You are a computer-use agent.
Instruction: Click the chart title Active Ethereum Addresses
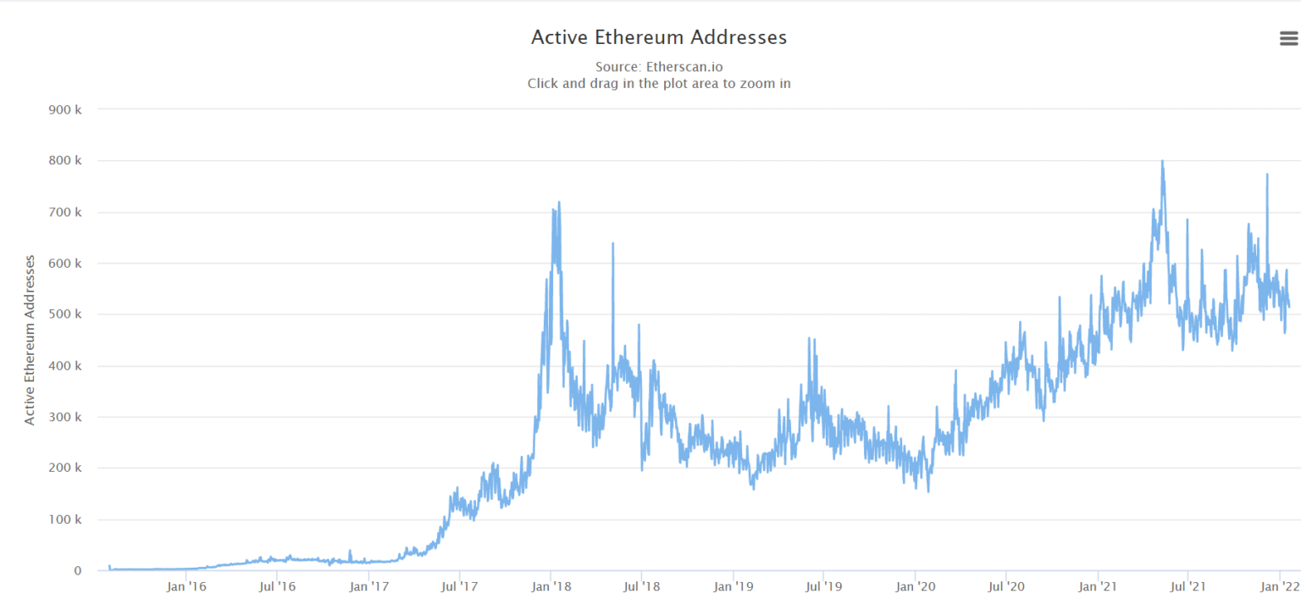click(x=658, y=37)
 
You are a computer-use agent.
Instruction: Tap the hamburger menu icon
click(x=1288, y=38)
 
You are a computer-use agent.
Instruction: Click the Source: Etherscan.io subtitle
click(x=658, y=66)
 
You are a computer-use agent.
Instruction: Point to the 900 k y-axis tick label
click(x=65, y=108)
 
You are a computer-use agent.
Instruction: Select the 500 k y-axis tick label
click(x=65, y=314)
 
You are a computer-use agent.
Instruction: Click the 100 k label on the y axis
click(x=65, y=519)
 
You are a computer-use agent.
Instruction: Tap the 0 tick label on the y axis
click(x=78, y=571)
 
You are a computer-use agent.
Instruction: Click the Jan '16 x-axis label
click(x=186, y=585)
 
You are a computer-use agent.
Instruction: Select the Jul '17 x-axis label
click(x=458, y=585)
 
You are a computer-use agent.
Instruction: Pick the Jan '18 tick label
click(x=551, y=585)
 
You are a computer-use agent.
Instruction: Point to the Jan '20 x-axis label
click(x=916, y=585)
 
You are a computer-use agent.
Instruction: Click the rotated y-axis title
click(x=30, y=340)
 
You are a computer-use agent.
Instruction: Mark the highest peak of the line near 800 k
click(x=1162, y=161)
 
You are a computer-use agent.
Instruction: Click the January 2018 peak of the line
click(x=559, y=203)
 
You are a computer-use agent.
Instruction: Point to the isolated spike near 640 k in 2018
click(x=612, y=244)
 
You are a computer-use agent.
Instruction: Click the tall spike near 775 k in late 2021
click(x=1267, y=175)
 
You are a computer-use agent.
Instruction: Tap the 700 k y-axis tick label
click(x=65, y=212)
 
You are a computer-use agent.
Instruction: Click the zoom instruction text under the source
click(x=658, y=83)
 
